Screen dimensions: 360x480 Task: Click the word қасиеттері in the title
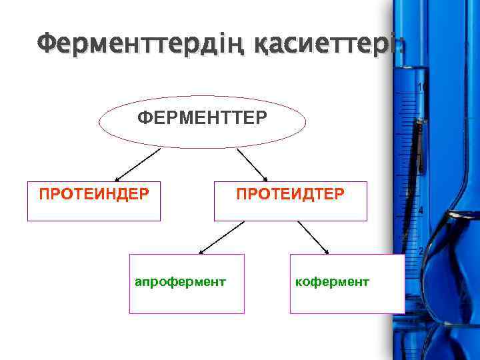[x=327, y=45]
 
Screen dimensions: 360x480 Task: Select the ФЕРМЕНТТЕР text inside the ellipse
[x=202, y=118]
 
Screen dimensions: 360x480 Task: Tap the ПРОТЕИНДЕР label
[x=94, y=194]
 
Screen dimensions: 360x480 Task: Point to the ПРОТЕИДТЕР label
[x=290, y=194]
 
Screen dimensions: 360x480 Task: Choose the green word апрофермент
[x=180, y=282]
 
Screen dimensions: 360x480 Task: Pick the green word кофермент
[x=331, y=282]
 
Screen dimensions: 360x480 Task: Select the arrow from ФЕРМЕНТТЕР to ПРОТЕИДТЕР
[x=252, y=164]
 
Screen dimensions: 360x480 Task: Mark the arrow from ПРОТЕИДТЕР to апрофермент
[x=222, y=237]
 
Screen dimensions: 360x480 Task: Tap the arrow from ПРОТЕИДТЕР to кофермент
[x=313, y=237]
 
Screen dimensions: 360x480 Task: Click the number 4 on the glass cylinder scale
[x=421, y=211]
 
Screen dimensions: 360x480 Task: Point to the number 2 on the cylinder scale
[x=421, y=251]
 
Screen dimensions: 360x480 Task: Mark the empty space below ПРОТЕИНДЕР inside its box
[x=94, y=211]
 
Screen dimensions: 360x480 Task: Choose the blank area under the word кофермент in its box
[x=347, y=301]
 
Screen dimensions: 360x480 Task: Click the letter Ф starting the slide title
[x=47, y=45]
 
